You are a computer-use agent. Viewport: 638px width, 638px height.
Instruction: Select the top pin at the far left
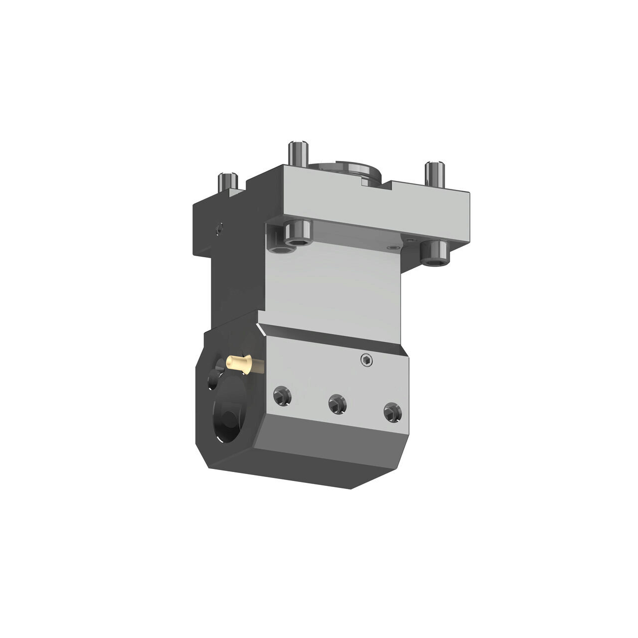(x=227, y=181)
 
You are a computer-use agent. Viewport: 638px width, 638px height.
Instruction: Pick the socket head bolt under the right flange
(x=435, y=252)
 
